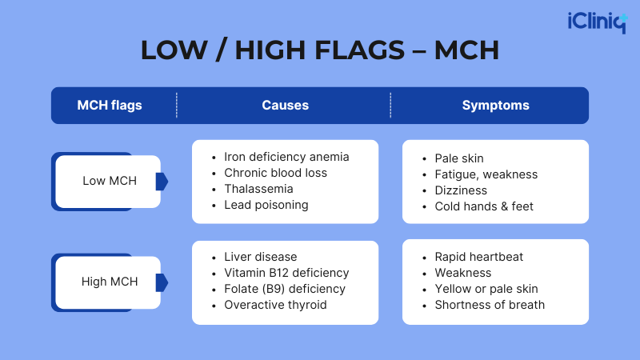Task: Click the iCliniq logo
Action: [598, 22]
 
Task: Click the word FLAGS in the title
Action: [359, 50]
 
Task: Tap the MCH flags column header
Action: [110, 106]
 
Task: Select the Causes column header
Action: [286, 106]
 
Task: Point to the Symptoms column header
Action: [495, 106]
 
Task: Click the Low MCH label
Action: [110, 181]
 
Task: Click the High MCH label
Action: [110, 282]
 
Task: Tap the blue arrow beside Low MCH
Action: [162, 182]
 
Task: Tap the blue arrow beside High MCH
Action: [162, 282]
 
